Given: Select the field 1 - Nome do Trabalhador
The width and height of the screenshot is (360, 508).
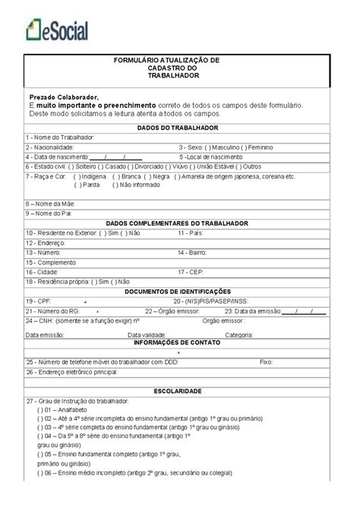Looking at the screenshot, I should pos(190,137).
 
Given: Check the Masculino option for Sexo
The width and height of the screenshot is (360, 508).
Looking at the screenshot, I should pos(220,147).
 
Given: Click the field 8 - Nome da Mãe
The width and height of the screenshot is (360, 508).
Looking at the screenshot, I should pos(190,204).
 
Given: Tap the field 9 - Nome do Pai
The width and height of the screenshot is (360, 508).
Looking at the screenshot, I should pos(190,213).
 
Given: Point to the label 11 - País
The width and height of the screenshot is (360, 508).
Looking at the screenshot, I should pos(190,232).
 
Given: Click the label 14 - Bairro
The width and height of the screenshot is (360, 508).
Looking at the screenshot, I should pos(191,251).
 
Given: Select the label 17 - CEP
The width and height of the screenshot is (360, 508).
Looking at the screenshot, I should pos(190,271).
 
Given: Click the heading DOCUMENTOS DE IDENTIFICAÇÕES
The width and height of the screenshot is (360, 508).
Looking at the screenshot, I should pos(178,291).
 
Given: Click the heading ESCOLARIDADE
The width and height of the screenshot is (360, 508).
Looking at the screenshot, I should pos(178,391).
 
